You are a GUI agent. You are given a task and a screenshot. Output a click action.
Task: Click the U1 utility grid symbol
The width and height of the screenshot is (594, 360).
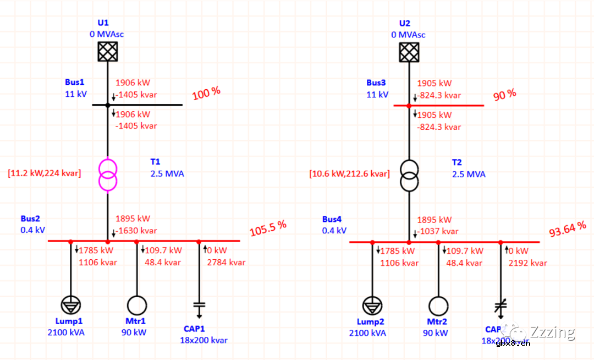point(108,51)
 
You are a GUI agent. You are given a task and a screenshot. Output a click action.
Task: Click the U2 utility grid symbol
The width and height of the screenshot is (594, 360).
point(409,51)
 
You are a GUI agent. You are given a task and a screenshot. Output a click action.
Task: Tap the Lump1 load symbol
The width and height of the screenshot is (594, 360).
point(71,305)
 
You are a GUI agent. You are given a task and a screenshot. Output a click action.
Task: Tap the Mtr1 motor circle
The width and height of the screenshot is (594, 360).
point(136,305)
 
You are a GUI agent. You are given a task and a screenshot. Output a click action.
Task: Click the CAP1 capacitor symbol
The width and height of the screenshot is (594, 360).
point(199,307)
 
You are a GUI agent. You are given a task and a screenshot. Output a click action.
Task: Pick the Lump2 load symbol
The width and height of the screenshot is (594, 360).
point(372,306)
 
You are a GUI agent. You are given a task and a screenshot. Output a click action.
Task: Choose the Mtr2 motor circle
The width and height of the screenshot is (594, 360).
point(438,306)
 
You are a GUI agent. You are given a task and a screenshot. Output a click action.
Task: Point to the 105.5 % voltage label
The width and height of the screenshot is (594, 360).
point(268,228)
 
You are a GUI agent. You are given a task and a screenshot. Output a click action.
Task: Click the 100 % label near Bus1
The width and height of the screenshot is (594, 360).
point(206,94)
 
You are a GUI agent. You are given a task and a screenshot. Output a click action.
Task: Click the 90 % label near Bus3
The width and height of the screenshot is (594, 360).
point(505,94)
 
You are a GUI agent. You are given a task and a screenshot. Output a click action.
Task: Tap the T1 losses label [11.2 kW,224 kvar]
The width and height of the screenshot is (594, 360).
point(45,173)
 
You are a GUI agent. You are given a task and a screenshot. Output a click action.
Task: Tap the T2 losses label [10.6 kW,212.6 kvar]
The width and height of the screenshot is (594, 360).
point(350,174)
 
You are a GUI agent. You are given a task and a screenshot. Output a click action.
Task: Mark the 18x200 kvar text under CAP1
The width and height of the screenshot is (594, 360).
point(204,340)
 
